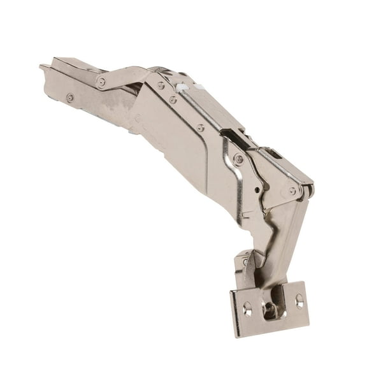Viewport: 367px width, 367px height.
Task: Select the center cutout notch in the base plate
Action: [271, 310]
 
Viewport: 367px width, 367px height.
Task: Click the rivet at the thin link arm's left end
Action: [101, 81]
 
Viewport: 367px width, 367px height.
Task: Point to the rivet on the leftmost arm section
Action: [70, 97]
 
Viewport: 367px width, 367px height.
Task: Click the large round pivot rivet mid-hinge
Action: [238, 159]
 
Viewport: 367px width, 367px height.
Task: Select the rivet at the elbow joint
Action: [292, 190]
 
